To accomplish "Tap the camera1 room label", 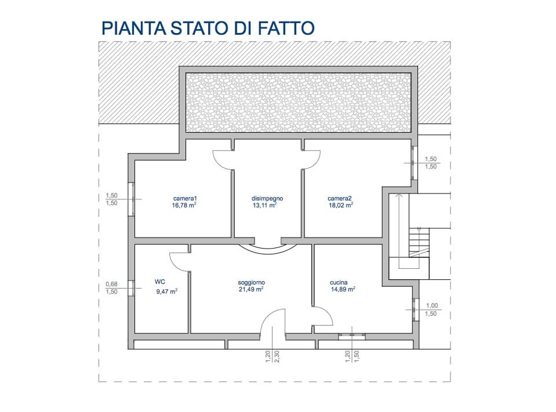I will [185, 198].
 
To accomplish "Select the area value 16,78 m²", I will [185, 205].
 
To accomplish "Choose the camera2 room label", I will [340, 198].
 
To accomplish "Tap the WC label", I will [160, 282].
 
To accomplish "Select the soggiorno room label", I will [251, 282].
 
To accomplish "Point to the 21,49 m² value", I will [251, 289].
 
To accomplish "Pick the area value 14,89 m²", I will [343, 289].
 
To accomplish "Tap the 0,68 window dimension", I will [111, 284].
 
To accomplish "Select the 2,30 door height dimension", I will [277, 356].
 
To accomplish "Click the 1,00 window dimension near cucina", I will [432, 306].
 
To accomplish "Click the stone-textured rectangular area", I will [299, 102].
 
